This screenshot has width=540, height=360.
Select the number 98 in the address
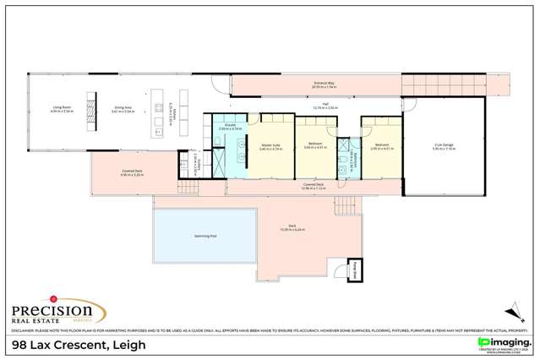coord(16,345)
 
